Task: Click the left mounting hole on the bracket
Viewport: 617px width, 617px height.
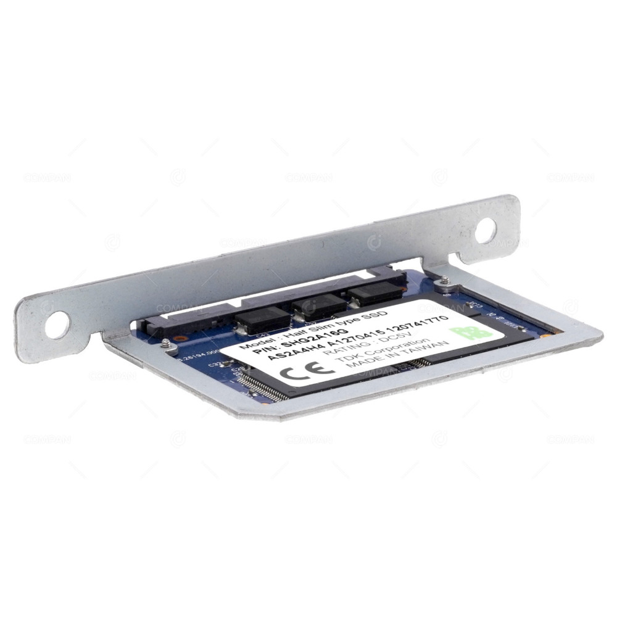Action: [x=57, y=325]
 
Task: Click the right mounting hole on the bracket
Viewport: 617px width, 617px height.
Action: [x=486, y=230]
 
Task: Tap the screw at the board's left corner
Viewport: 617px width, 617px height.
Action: [x=165, y=342]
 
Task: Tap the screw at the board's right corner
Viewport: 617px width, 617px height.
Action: [x=444, y=281]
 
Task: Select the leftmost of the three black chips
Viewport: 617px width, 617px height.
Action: [x=262, y=318]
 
